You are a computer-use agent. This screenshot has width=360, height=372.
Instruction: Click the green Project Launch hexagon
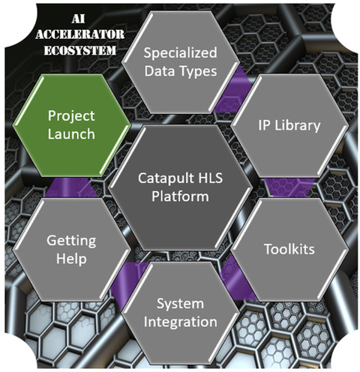click(72, 125)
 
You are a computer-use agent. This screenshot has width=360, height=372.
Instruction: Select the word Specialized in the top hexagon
click(180, 53)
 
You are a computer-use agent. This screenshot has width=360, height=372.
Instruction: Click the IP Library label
click(289, 125)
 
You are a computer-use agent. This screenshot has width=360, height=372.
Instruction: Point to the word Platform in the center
click(180, 196)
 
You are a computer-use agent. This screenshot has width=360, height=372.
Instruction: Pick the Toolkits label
click(289, 249)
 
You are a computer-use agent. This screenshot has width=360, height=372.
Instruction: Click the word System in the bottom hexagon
click(180, 304)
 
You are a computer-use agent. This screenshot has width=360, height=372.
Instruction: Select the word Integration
click(180, 322)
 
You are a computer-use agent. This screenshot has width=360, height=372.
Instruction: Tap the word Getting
click(71, 241)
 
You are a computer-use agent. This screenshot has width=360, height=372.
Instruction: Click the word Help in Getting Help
click(71, 259)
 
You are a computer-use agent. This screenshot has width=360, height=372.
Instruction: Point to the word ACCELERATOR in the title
click(80, 34)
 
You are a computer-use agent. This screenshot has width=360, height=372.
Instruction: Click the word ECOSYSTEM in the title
click(80, 50)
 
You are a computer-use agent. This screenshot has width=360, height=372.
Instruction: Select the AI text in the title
click(78, 19)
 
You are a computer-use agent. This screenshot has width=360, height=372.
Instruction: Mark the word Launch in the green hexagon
click(71, 134)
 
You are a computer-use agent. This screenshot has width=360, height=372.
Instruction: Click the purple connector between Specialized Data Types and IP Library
click(233, 91)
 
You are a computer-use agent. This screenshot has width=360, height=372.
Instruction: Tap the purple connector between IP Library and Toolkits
click(290, 187)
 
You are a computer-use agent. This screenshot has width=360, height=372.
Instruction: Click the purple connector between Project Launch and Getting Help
click(71, 187)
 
